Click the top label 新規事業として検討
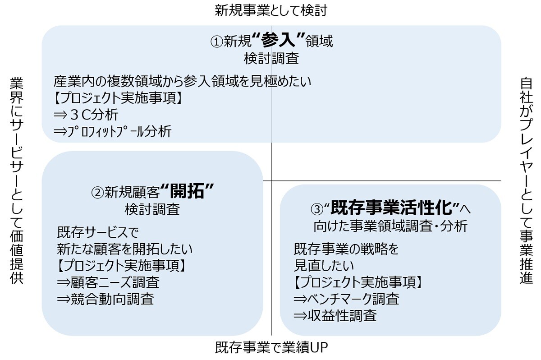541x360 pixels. point(271,10)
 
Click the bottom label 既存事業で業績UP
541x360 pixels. point(271,348)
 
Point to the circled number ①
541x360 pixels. point(217,42)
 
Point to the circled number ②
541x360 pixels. point(98,193)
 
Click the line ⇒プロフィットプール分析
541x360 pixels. point(112,131)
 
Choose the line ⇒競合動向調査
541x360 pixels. point(105,299)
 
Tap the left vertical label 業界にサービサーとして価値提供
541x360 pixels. point(17,180)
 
